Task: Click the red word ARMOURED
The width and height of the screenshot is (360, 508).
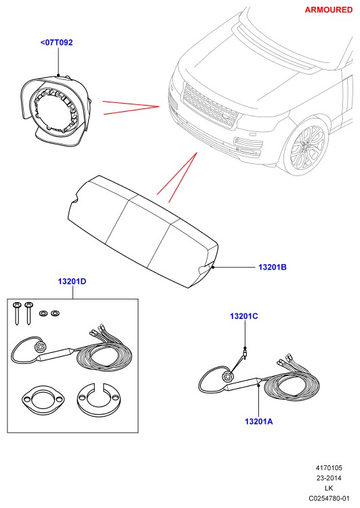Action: pos(329,9)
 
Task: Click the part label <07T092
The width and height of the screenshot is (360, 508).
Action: pos(56,43)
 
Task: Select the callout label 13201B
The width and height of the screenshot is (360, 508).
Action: pos(273,268)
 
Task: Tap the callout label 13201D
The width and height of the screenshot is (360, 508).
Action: pos(72,281)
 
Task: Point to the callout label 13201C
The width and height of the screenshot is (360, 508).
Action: pos(244,316)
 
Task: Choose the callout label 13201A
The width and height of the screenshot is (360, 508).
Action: pos(258,421)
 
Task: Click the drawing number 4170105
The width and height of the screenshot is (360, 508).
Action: pos(329,468)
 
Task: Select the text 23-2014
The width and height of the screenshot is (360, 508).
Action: pos(329,478)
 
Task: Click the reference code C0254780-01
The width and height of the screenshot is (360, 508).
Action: pos(329,499)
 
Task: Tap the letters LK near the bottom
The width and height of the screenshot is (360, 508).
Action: pos(329,488)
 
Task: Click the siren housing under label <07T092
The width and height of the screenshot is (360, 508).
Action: pos(55,110)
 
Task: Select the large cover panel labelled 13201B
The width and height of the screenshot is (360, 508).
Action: pos(142,232)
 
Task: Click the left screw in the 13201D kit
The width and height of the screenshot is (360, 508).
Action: pos(16,314)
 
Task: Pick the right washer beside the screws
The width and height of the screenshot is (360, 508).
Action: pos(56,314)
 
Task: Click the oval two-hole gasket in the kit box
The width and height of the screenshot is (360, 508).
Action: pos(43,400)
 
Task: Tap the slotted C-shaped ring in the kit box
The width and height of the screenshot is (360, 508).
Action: pos(99,400)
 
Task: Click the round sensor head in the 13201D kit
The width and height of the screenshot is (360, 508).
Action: pos(40,347)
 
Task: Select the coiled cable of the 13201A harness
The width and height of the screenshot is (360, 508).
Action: pos(292,386)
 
